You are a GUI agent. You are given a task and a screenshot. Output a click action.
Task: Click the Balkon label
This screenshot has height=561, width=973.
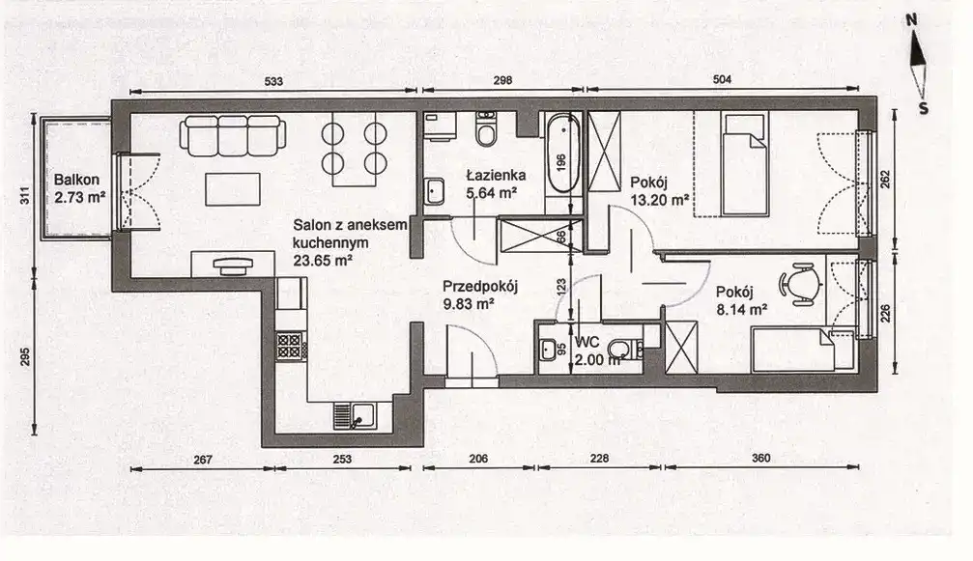point(77,181)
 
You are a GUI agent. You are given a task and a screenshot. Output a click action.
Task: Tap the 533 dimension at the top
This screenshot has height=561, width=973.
point(273,81)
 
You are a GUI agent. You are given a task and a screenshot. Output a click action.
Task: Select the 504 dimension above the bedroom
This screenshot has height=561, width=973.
point(723,79)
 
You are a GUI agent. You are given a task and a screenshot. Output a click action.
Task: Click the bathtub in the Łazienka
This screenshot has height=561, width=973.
point(563,154)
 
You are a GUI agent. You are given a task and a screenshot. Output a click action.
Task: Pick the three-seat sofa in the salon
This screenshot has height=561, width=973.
point(233,136)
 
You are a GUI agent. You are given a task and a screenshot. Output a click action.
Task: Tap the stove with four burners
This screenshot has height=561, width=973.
point(289,346)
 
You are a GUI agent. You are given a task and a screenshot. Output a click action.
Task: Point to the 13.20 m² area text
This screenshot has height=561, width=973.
point(660,200)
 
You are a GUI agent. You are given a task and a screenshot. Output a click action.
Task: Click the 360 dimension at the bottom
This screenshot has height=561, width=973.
point(760,458)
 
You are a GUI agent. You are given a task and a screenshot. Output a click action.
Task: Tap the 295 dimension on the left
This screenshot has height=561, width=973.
point(25,357)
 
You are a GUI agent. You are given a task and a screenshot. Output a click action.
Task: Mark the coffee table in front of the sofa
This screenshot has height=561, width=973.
point(233,189)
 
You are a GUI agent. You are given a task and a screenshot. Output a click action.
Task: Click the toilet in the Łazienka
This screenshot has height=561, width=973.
point(486,129)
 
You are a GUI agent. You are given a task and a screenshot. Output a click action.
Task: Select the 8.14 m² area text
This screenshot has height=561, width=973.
point(742,309)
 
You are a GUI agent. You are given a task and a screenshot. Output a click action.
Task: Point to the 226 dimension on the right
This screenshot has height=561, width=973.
point(885,313)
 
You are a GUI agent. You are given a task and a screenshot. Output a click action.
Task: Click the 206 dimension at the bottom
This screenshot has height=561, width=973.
point(478,459)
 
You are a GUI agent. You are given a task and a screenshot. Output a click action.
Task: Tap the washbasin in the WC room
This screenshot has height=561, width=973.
point(549,351)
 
